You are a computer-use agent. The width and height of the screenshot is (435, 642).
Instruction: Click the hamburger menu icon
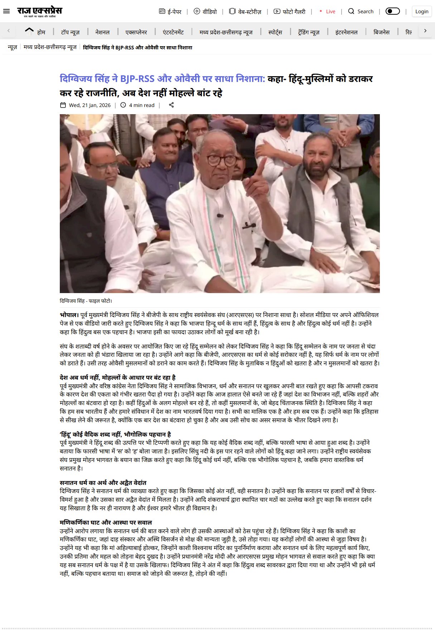[x=6, y=11]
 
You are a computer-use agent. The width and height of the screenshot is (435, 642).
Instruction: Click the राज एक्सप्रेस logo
[x=39, y=11]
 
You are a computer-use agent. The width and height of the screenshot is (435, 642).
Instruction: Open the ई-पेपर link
[x=170, y=11]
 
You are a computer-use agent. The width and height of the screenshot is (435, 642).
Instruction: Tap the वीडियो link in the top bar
[x=206, y=11]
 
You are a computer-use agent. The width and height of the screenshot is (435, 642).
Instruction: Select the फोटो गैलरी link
[x=290, y=11]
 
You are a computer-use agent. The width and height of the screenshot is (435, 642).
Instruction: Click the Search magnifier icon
[x=351, y=11]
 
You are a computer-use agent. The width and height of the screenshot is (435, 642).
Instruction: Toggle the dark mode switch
[x=392, y=11]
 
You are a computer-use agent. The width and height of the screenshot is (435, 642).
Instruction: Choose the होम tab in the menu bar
[x=41, y=32]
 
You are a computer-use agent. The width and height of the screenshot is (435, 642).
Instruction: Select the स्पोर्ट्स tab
[x=275, y=32]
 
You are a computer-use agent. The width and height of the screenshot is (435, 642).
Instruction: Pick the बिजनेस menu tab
[x=381, y=32]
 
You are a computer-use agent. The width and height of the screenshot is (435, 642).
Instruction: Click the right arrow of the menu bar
[x=425, y=31]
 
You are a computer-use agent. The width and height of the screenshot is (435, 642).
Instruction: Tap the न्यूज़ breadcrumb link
[x=13, y=47]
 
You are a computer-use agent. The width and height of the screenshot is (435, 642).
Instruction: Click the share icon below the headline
[x=171, y=105]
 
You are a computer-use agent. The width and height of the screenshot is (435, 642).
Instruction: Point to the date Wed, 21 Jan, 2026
[x=90, y=105]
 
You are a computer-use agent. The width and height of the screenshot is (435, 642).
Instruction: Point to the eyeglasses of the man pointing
[x=221, y=160]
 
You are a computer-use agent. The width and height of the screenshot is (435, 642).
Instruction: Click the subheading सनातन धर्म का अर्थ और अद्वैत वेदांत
[x=103, y=483]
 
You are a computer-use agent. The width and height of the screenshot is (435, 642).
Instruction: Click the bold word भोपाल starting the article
[x=69, y=315]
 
